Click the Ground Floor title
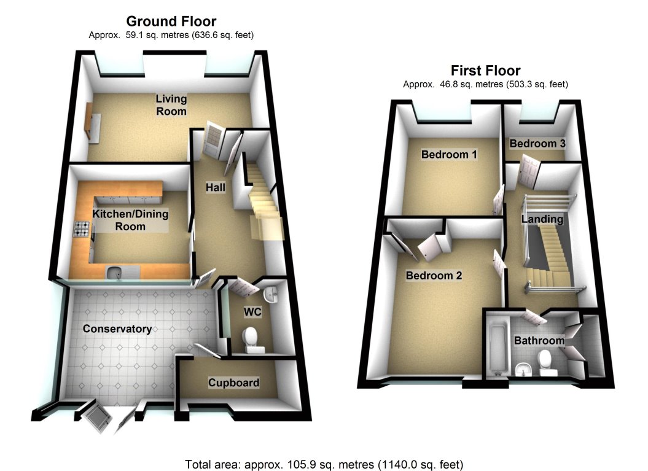171,21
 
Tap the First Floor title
486,70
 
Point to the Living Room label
171,105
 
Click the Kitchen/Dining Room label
130,220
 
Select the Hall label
216,187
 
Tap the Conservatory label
117,329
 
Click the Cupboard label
233,383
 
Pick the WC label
252,311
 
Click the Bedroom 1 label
449,155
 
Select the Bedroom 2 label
434,276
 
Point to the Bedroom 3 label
537,144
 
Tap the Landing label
542,219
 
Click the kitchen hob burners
82,229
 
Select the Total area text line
324,464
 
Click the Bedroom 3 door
529,170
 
